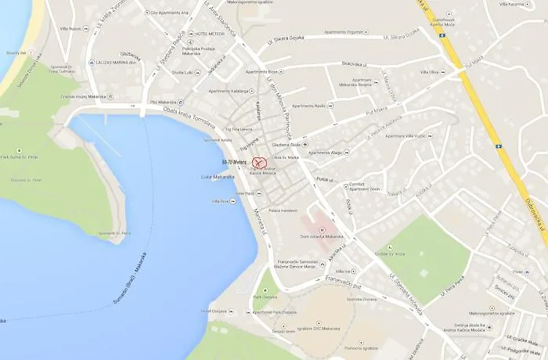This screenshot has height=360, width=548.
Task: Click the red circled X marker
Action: pyautogui.click(x=259, y=163)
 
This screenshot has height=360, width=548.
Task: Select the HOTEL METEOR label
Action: pyautogui.click(x=210, y=34)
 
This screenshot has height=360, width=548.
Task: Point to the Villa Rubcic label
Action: pyautogui.click(x=69, y=29)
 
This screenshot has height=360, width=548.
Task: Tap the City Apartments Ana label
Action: pyautogui.click(x=170, y=13)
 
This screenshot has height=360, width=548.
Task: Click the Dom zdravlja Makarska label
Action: pyautogui.click(x=322, y=236)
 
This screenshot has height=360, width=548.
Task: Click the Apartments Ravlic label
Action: pyautogui.click(x=308, y=106)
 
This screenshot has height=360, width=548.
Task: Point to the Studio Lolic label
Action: pyautogui.click(x=182, y=72)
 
